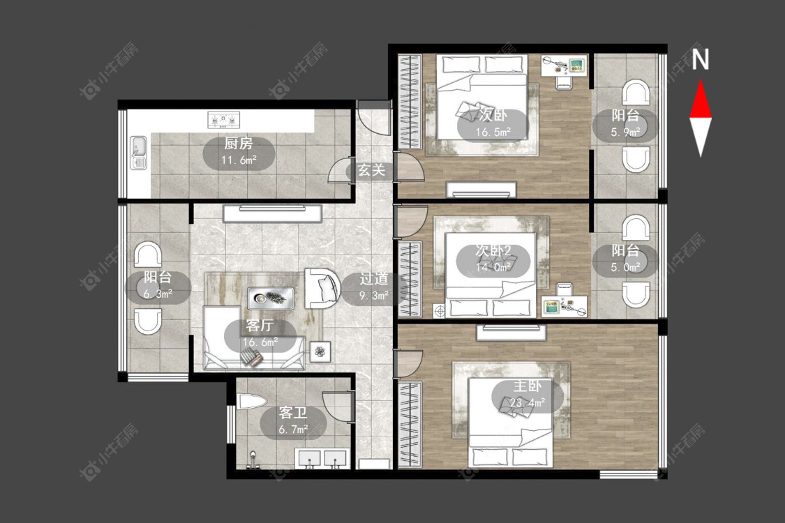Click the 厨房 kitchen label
(239, 144)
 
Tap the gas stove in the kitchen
(224, 120)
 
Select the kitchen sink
(139, 152)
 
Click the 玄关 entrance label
(371, 170)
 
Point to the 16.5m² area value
(493, 132)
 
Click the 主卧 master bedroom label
(528, 386)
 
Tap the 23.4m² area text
(528, 402)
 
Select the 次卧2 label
(493, 251)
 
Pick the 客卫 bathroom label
(293, 413)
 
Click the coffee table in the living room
(271, 298)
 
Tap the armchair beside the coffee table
(322, 289)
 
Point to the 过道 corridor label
(373, 279)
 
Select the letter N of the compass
(701, 59)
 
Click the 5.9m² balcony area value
(625, 132)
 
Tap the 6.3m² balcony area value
(158, 294)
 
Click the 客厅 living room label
(260, 326)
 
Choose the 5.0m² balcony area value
(625, 268)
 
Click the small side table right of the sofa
(320, 352)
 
